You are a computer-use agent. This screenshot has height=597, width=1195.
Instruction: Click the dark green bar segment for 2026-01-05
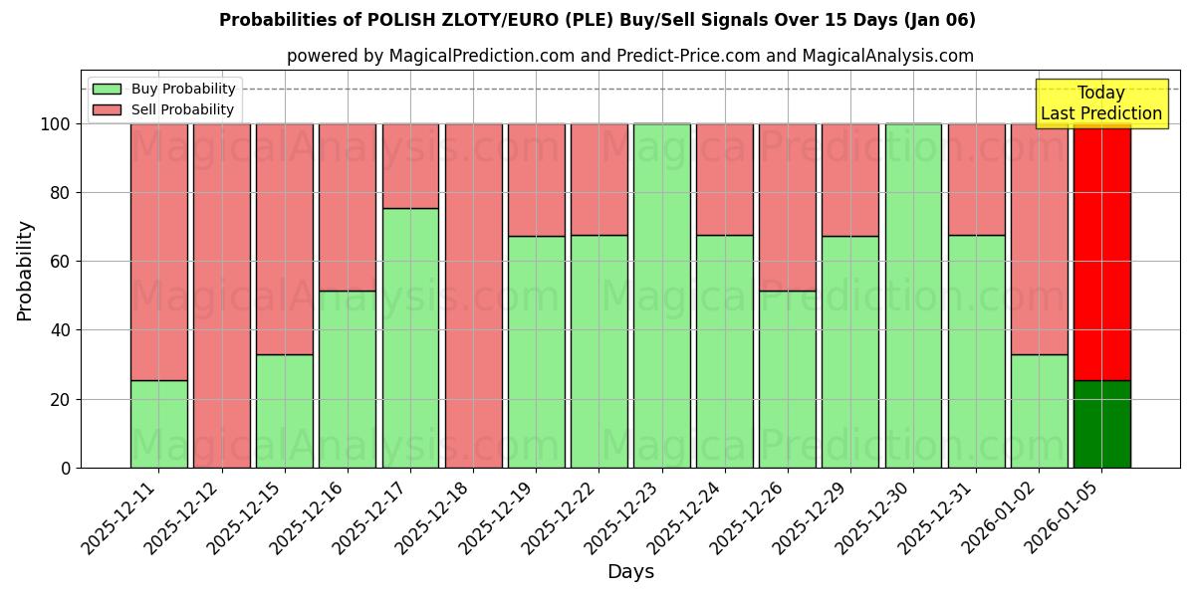click(1101, 424)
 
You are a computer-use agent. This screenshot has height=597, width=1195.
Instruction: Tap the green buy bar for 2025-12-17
click(410, 338)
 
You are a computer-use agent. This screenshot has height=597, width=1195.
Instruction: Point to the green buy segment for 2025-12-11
click(158, 424)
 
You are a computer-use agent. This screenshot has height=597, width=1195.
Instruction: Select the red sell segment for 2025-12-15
click(284, 239)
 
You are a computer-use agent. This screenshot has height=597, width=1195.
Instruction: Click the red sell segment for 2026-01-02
click(1039, 239)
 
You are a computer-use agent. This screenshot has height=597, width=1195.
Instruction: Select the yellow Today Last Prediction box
click(1101, 103)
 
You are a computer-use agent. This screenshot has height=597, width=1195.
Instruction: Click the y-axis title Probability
click(25, 270)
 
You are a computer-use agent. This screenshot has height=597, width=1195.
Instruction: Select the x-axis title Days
click(630, 572)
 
